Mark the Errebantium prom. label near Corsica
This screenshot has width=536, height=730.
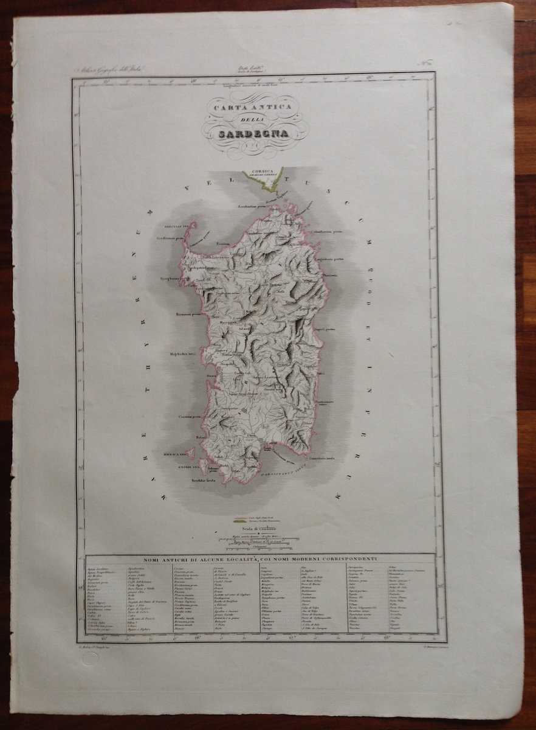[253, 206]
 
